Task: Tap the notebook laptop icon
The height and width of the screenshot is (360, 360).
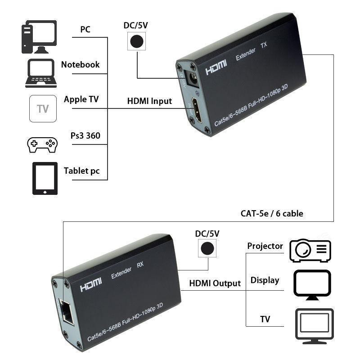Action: [x=41, y=72]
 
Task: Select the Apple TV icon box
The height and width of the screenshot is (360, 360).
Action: [x=43, y=108]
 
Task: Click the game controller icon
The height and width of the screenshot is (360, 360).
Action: [x=42, y=144]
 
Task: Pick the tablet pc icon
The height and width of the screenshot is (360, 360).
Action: [x=45, y=178]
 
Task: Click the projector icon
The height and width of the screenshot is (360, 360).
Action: [x=310, y=251]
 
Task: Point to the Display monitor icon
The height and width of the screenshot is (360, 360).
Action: [x=312, y=285]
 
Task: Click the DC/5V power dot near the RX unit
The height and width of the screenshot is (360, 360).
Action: [x=207, y=248]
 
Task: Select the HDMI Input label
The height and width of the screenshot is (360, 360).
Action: [x=149, y=101]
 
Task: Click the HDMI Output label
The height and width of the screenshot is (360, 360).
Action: [x=215, y=283]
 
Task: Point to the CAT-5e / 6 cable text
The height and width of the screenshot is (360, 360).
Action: [x=271, y=213]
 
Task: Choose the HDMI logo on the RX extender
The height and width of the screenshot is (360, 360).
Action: [x=91, y=285]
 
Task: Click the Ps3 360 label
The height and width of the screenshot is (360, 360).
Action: [x=85, y=135]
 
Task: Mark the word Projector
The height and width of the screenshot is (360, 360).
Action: [x=265, y=246]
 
